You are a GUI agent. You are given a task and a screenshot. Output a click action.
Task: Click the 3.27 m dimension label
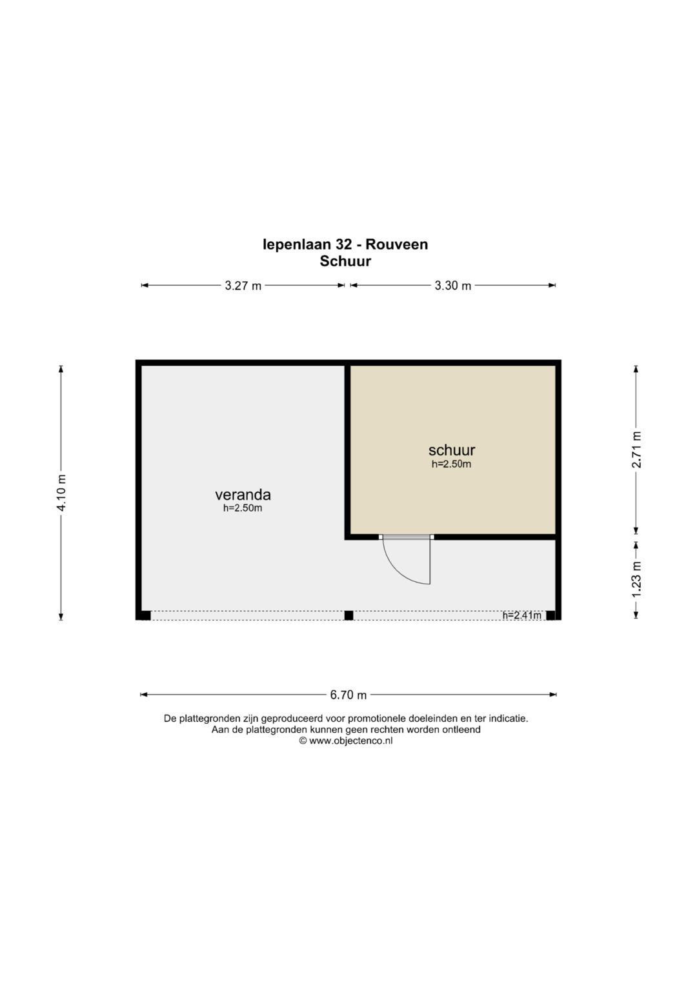coord(243,286)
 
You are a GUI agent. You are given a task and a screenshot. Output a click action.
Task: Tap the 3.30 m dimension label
coord(453,286)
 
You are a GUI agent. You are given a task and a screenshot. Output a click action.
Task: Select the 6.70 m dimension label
coord(348,695)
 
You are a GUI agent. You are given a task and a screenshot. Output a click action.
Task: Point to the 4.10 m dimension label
coord(61,493)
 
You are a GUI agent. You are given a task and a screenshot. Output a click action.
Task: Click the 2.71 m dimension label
coord(637,450)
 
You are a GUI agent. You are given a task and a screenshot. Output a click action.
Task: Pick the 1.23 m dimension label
coord(637,580)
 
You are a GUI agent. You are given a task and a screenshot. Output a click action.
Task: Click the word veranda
coord(243,495)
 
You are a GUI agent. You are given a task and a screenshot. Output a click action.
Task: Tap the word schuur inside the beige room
coord(452,450)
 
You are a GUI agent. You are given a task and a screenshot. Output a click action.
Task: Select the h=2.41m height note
coord(522,615)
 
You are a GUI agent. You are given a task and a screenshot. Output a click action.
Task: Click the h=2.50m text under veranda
coord(243,508)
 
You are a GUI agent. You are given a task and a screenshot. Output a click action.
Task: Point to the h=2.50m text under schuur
coord(452,464)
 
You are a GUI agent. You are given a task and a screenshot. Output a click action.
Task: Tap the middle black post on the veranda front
coord(348,615)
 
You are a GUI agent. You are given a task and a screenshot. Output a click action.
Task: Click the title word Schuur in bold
coord(345,261)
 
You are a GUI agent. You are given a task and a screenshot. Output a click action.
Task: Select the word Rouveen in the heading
coord(397,244)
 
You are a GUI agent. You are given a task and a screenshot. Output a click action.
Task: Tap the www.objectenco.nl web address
coord(350,741)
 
